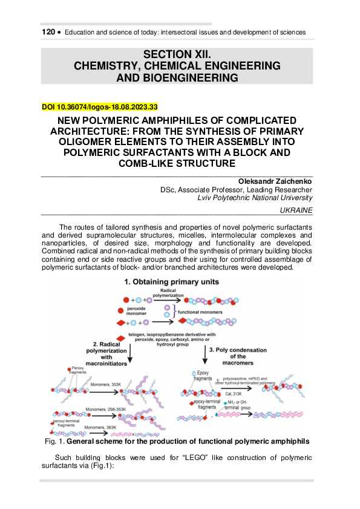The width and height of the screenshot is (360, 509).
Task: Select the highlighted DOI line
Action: click(100, 107)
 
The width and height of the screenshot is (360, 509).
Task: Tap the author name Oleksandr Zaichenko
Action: click(275, 180)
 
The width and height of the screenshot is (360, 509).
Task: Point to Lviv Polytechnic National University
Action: click(255, 197)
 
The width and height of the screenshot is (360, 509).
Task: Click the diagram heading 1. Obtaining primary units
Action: click(172, 282)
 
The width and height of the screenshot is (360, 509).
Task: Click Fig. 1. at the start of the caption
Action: click(56, 441)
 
